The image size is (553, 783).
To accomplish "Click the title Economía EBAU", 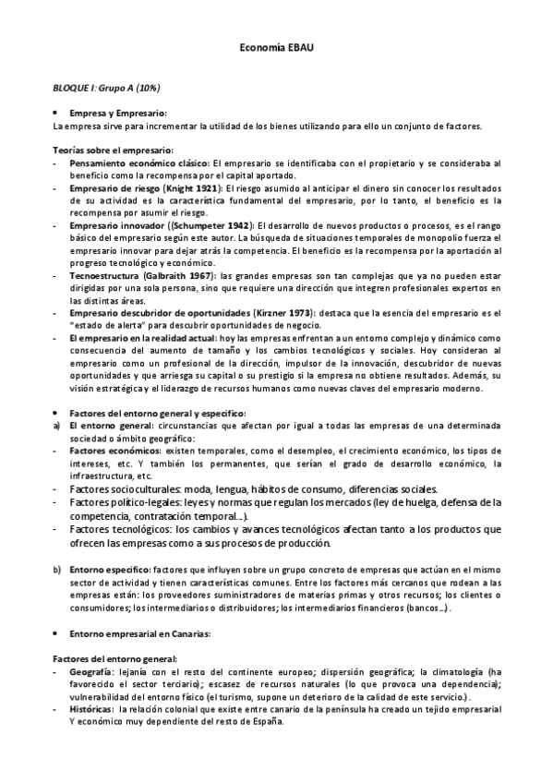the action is (x=277, y=47).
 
